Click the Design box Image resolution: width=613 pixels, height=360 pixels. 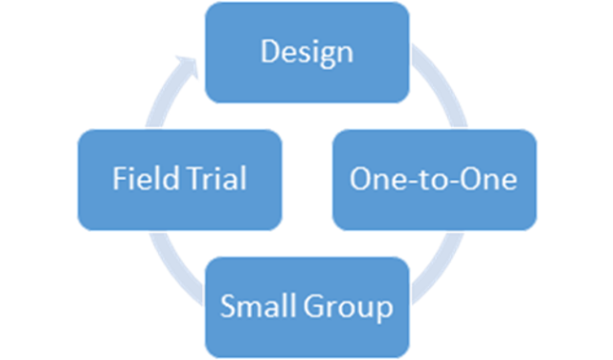click(307, 53)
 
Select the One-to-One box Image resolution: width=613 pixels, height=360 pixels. click(434, 179)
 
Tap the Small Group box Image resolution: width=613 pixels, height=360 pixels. click(307, 307)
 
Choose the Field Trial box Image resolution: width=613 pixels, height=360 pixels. click(179, 179)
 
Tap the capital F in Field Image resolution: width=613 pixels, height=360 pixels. click(118, 179)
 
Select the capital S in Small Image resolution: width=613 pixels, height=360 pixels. click(230, 307)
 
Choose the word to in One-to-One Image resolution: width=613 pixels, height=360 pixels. click(434, 179)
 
